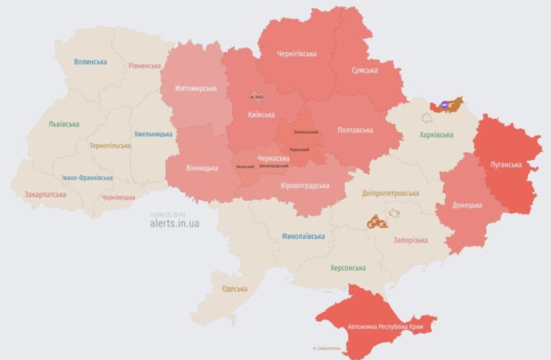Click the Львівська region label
coord(64,124)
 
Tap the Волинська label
coord(89,62)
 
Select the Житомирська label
coord(195,89)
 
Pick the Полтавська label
coord(354,130)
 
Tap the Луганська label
coord(506,164)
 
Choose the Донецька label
coord(467,205)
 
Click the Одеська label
coord(234,289)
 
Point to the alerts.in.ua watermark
coord(175,223)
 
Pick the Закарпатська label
coord(45,194)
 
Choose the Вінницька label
coord(202,168)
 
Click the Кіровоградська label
coord(305,186)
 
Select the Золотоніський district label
coord(306,132)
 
